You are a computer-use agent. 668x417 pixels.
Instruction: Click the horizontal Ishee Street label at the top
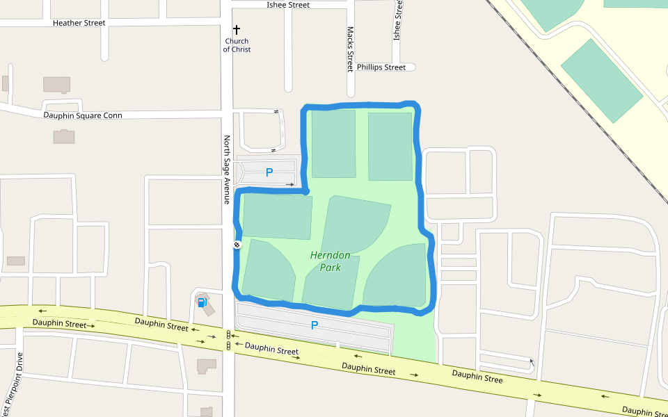(x=288, y=5)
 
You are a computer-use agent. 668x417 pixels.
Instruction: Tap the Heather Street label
(x=79, y=23)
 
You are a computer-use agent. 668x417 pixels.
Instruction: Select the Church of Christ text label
(x=237, y=45)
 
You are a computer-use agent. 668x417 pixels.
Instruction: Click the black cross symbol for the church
(x=237, y=30)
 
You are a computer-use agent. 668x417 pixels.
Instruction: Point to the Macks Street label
(x=350, y=49)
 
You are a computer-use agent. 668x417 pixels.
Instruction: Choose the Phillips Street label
(x=381, y=67)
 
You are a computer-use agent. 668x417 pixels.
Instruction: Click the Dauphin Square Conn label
(x=83, y=115)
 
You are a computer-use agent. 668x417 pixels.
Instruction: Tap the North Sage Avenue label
(x=227, y=170)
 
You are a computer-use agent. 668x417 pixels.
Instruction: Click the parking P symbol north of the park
(x=269, y=172)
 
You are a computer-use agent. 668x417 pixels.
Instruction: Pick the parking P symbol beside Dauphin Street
(x=315, y=325)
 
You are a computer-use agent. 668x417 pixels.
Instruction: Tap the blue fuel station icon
(x=202, y=302)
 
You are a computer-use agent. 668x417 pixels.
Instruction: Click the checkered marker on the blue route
(x=237, y=245)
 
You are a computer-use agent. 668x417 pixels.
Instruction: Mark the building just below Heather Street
(x=56, y=85)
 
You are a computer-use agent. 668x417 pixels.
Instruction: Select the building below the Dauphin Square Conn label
(x=64, y=136)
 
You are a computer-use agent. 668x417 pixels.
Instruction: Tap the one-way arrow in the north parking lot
(x=289, y=185)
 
